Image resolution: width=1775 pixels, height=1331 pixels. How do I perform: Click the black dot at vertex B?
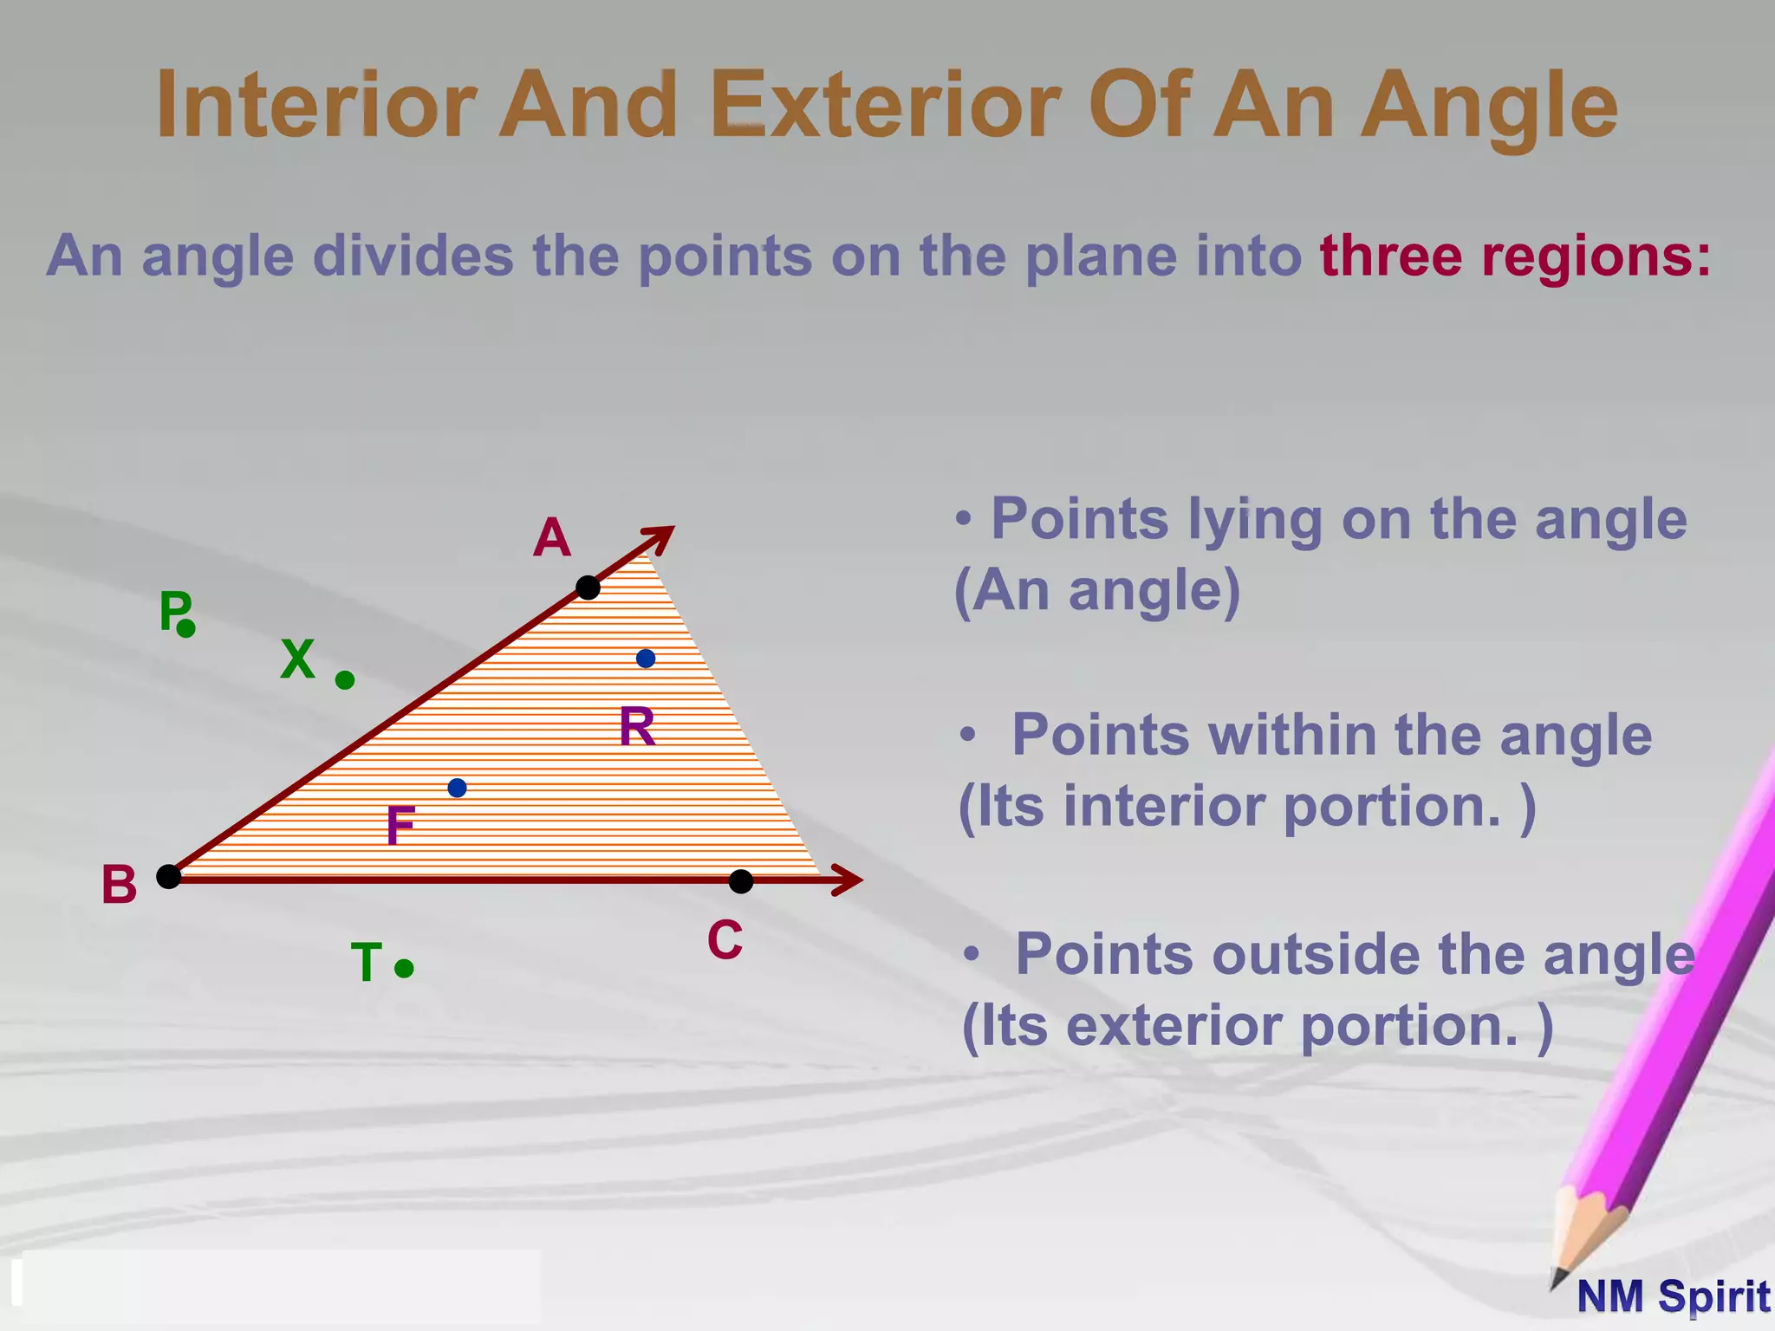point(168,876)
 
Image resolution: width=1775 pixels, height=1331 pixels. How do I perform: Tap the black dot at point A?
point(588,588)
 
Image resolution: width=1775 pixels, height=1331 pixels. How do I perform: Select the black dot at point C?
point(741,882)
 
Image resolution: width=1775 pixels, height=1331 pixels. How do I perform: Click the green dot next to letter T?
point(404,968)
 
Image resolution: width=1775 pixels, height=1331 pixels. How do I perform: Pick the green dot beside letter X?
point(345,680)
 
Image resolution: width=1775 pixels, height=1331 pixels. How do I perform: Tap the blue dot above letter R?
point(646,659)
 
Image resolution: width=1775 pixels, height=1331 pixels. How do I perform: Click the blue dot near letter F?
point(458,788)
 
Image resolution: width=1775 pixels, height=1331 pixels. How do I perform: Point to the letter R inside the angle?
point(637,727)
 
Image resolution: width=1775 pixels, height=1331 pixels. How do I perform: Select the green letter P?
point(173,610)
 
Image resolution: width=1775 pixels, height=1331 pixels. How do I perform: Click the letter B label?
point(120,885)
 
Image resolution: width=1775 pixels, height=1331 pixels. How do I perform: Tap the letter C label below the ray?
point(725,940)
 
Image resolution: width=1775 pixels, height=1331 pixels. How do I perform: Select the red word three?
point(1391,256)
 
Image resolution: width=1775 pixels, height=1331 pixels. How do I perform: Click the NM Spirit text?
point(1673,1297)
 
